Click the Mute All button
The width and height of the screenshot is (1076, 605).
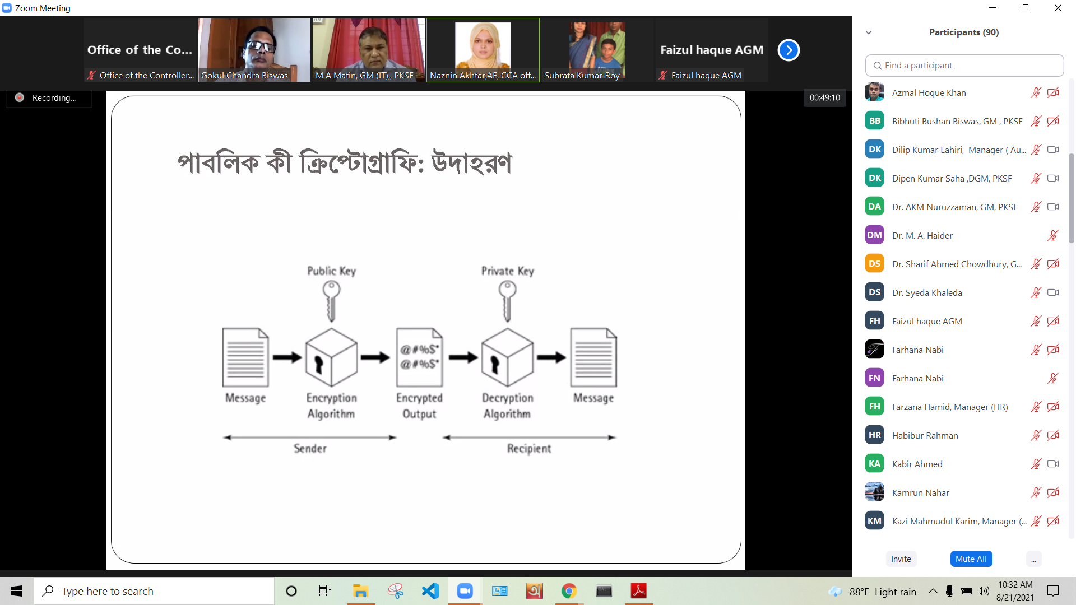point(971,559)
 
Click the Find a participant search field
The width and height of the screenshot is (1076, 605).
point(964,66)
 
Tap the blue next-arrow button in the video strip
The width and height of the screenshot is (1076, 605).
point(789,50)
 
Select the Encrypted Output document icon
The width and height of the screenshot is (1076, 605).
point(419,357)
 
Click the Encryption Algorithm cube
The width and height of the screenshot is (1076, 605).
point(331,357)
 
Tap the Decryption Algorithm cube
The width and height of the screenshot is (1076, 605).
point(507,357)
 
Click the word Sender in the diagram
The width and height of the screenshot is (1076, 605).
point(310,448)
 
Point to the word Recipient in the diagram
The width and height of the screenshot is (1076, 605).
point(529,449)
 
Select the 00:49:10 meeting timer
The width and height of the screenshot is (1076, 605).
point(825,97)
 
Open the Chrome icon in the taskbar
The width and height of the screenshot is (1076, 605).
point(569,591)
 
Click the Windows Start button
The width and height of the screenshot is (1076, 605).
point(17,591)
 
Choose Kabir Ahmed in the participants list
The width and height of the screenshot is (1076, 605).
point(917,464)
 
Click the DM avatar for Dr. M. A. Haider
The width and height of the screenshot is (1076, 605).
point(874,235)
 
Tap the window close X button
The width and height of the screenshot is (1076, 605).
point(1058,8)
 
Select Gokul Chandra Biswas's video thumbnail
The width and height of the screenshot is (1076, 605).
point(254,50)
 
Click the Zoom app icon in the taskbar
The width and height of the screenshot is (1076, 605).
point(465,591)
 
